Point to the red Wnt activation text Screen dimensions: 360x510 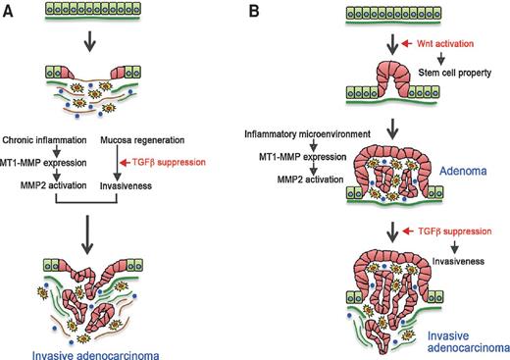pos(435,44)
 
